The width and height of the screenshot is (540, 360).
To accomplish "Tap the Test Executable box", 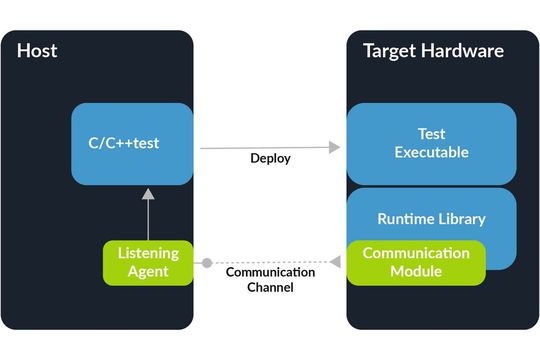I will [431, 143].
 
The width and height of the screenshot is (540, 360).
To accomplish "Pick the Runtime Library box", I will [431, 218].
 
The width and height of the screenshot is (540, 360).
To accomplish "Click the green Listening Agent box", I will [148, 262].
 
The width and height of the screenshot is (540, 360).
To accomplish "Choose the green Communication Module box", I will [416, 262].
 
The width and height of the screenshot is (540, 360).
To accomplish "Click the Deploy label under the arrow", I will [270, 158].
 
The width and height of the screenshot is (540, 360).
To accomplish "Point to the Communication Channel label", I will [270, 280].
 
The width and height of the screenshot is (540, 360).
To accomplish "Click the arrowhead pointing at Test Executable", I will [334, 147].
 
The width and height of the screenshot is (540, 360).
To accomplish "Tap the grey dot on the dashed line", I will [207, 263].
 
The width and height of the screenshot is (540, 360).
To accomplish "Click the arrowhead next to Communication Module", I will [336, 263].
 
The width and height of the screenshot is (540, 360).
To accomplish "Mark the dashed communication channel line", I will [270, 263].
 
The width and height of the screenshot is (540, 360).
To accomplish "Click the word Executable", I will [431, 153].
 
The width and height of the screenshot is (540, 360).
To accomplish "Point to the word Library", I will [461, 218].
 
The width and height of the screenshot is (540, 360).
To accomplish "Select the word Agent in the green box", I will [148, 271].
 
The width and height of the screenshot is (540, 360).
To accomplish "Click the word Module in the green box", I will [416, 271].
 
